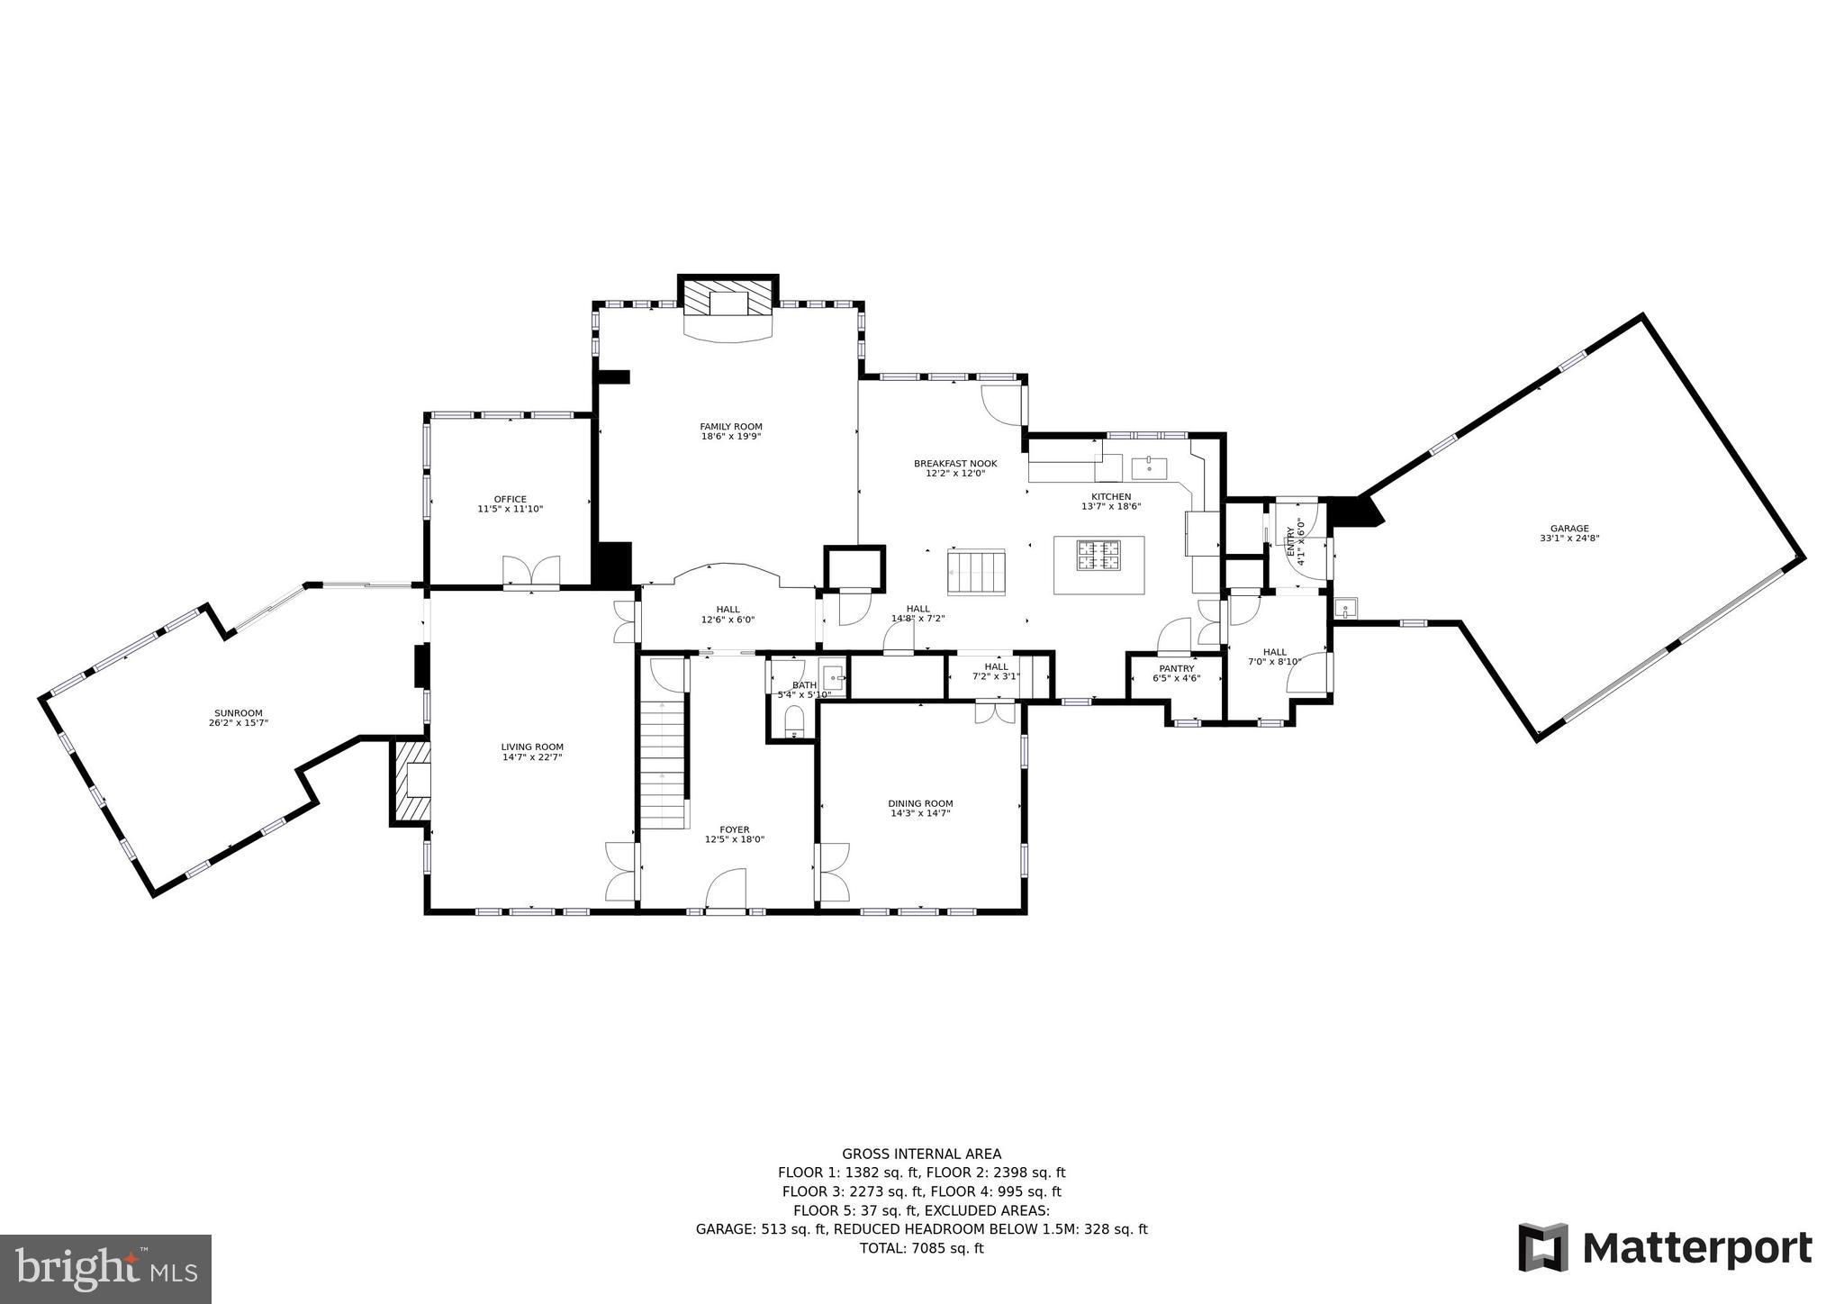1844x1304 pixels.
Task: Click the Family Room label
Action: click(731, 427)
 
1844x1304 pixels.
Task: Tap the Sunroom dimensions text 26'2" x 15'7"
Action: click(238, 723)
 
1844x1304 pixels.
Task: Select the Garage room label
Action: click(1569, 529)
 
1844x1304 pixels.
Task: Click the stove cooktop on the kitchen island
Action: click(1099, 557)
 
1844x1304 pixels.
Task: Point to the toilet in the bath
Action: click(793, 721)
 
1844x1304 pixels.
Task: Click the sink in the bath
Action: click(833, 676)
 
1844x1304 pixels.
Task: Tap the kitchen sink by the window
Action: click(1149, 468)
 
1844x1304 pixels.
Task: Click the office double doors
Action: click(531, 573)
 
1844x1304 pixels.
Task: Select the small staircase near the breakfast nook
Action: click(975, 572)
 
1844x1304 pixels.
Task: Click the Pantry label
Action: click(1176, 668)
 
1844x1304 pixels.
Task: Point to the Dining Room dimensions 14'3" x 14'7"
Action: click(920, 813)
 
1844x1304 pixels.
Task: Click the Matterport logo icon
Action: click(1543, 1247)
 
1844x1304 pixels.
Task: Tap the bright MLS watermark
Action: click(105, 1268)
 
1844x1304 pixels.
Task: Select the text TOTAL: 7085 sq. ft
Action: click(921, 1248)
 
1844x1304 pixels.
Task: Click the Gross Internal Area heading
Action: click(921, 1154)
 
